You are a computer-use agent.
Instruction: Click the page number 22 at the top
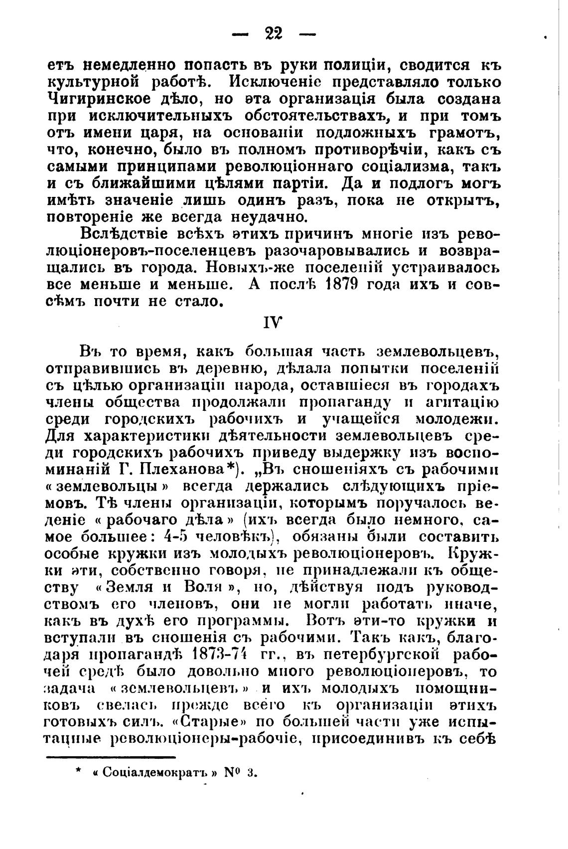pyautogui.click(x=274, y=34)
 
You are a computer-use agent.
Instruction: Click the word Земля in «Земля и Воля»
pyautogui.click(x=133, y=587)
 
